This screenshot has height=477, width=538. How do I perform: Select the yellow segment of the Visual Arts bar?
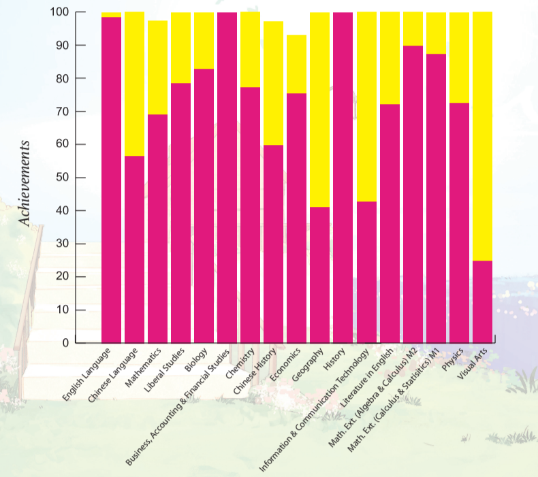pyautogui.click(x=482, y=136)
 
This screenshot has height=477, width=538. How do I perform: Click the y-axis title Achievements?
pyautogui.click(x=25, y=184)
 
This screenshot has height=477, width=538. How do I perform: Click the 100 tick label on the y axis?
pyautogui.click(x=59, y=12)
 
